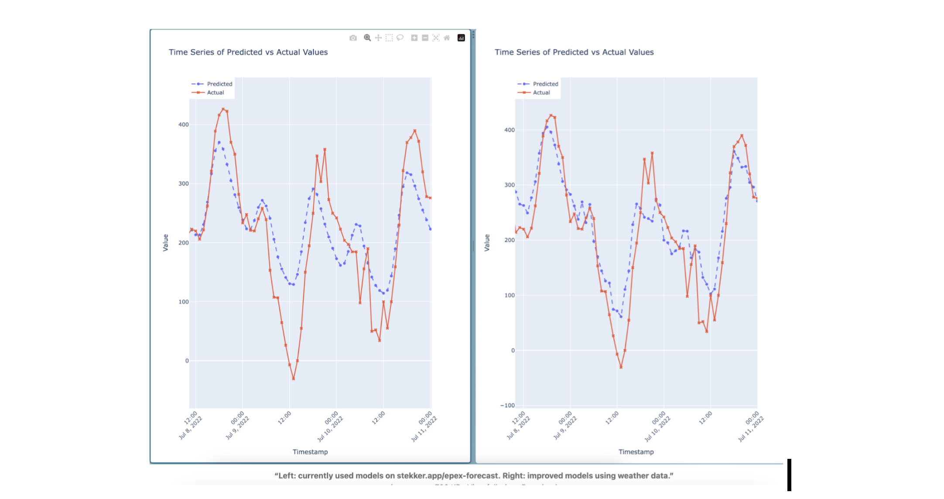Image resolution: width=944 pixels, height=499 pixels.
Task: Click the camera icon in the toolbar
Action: (x=353, y=38)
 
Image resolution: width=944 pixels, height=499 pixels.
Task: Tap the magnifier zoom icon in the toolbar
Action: (x=367, y=38)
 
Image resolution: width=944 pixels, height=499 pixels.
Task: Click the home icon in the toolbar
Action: (x=447, y=38)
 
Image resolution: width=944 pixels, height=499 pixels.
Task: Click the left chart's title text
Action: (x=248, y=52)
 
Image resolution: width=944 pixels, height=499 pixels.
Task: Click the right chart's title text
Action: (x=574, y=52)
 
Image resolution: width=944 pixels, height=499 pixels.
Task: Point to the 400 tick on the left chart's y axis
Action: (x=183, y=125)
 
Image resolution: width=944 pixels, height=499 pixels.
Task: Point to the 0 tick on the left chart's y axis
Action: (x=187, y=361)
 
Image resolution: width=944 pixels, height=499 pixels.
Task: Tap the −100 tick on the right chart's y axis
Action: (x=507, y=406)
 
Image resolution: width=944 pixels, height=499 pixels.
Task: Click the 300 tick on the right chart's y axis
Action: (x=509, y=185)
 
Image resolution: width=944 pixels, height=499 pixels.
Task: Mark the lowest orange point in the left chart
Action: (x=294, y=379)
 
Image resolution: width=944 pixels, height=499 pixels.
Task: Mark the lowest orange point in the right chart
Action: (x=621, y=367)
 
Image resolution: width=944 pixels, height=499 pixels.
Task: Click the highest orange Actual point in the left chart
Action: (x=223, y=109)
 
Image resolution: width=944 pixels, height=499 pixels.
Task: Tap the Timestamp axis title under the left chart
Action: (x=310, y=452)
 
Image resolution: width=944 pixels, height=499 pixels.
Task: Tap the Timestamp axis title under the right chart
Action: (x=636, y=452)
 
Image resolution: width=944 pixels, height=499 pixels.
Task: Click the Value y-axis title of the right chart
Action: (x=487, y=243)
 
